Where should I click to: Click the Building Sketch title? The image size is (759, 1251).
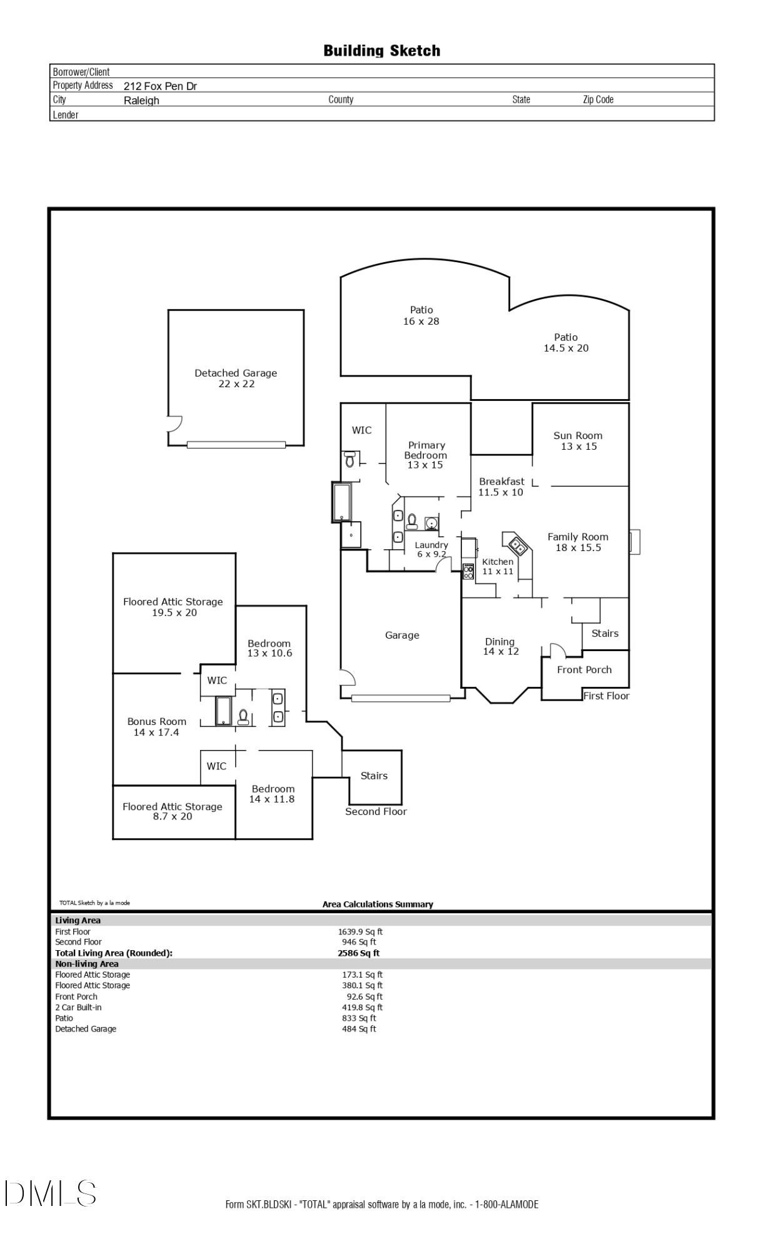click(x=381, y=51)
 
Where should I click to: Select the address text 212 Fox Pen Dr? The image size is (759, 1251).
click(x=160, y=86)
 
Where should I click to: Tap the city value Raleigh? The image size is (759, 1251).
click(x=141, y=101)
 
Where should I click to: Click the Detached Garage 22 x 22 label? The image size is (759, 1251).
click(x=236, y=378)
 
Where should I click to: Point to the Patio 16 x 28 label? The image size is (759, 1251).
click(x=421, y=315)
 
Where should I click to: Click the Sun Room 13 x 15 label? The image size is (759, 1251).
click(x=578, y=441)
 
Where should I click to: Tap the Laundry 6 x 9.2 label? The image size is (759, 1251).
click(x=431, y=549)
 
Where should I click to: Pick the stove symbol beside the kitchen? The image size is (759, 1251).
click(x=468, y=571)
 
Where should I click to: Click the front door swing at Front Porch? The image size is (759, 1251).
click(x=557, y=651)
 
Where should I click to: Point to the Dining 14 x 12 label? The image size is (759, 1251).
click(x=500, y=646)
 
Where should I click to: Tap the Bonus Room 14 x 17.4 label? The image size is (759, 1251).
click(x=156, y=727)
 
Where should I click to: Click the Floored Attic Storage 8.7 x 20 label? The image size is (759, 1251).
click(x=173, y=811)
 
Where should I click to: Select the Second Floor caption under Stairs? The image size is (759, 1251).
click(x=376, y=811)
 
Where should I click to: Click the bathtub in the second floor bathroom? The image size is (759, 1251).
click(x=223, y=711)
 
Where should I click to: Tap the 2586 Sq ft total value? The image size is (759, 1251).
click(x=358, y=953)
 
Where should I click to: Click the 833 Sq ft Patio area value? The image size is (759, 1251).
click(x=359, y=1018)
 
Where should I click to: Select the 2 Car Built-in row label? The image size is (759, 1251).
click(x=78, y=1007)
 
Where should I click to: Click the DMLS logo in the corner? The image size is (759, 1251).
click(x=50, y=1193)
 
